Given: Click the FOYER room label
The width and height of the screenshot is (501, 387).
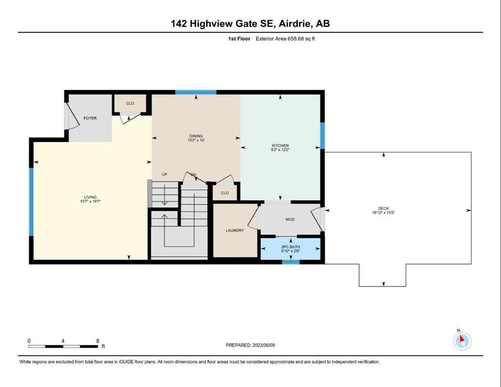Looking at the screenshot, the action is [90, 118].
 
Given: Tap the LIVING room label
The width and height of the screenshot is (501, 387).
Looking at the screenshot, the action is [90, 197].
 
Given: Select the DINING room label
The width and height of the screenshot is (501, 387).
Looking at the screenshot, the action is [196, 136].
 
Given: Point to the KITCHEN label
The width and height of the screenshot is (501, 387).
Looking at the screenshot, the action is [280, 146].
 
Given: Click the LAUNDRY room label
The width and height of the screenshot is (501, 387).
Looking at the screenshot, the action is [235, 230].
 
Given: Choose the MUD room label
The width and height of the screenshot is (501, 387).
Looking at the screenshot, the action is [290, 219].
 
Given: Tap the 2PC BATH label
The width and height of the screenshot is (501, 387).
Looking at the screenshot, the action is [291, 247].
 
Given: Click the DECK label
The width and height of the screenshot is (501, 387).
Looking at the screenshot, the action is [383, 208].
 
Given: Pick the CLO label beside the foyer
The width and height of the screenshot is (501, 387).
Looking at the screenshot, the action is [130, 103].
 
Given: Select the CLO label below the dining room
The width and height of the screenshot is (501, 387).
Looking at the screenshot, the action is [225, 193].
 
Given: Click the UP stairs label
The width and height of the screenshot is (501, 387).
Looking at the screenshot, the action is [164, 174].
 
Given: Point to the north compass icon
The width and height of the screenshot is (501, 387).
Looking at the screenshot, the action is [462, 341].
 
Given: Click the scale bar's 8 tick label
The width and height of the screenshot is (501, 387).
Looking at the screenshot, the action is [98, 341].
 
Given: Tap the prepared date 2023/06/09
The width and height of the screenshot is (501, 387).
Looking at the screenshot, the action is [263, 345].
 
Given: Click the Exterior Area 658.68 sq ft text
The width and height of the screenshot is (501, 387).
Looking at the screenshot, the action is [286, 39].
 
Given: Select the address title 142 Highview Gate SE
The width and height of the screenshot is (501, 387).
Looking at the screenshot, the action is [222, 24].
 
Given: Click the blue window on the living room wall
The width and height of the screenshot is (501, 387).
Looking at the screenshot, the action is [31, 202].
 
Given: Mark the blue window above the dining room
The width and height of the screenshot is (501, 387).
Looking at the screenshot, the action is [196, 93].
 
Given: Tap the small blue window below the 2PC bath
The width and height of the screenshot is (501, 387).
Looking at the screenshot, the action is [291, 262].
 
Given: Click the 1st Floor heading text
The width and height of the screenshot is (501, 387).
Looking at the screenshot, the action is [239, 39].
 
